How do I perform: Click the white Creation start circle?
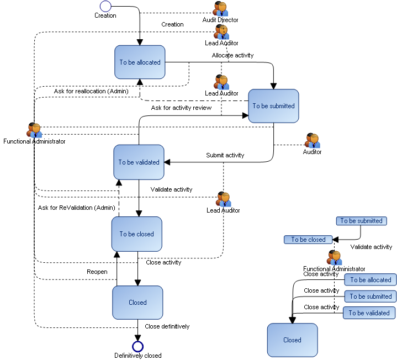(105, 6)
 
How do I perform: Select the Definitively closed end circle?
(137, 346)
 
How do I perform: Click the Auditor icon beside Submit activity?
(312, 141)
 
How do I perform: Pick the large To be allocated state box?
(140, 62)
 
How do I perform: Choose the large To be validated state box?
(139, 162)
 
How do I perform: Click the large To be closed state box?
(137, 234)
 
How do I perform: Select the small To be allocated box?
(370, 280)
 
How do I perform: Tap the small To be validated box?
(369, 313)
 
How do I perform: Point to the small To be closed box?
(309, 240)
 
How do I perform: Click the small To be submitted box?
(361, 221)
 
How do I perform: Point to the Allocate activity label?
(232, 55)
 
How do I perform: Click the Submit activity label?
(225, 155)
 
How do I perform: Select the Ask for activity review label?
(181, 108)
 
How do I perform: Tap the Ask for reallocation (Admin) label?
(91, 91)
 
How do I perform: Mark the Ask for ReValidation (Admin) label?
(76, 208)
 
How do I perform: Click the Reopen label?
(97, 272)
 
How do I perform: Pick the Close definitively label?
(167, 326)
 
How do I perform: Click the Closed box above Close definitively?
(137, 303)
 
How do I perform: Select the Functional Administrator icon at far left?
(34, 130)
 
